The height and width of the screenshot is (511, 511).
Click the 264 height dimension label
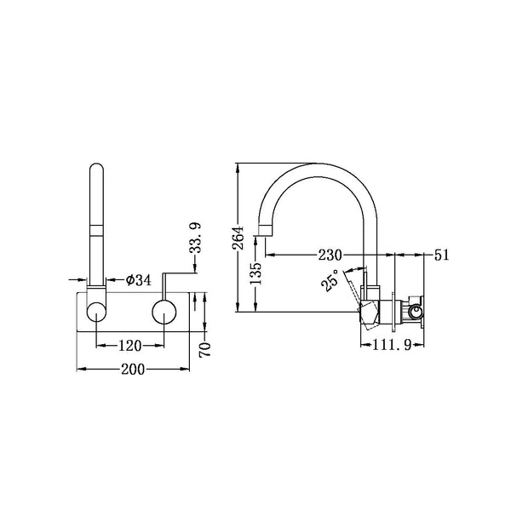(238, 238)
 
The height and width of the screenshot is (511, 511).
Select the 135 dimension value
(255, 273)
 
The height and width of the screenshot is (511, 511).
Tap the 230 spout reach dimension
(330, 255)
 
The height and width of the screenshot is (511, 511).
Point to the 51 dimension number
(441, 255)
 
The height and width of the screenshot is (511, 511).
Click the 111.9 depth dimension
(392, 345)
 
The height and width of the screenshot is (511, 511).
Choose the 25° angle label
(330, 280)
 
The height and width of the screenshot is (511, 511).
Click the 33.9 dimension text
(196, 238)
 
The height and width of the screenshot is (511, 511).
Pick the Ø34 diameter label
(139, 279)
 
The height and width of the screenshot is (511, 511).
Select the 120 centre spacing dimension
(129, 346)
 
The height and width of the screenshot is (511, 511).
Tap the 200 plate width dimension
(133, 370)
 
